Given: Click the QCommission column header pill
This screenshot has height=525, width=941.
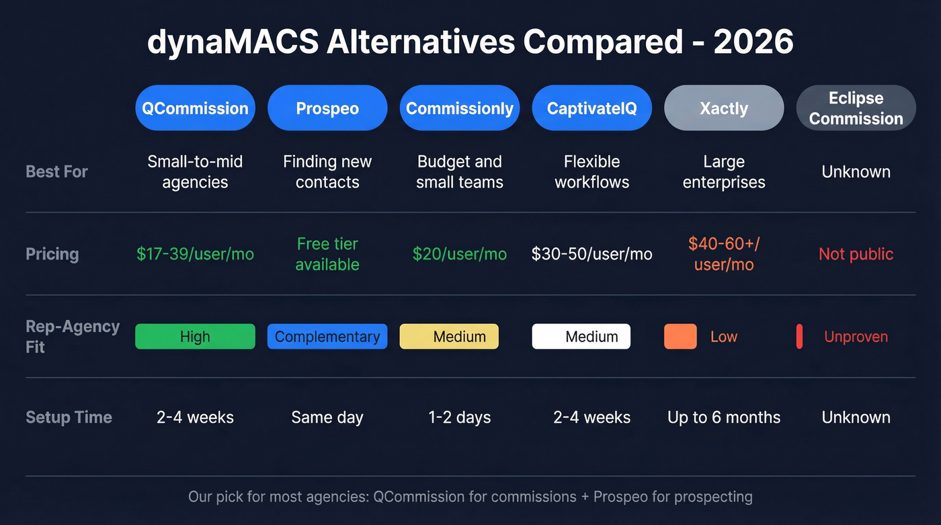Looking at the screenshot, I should coord(195,108).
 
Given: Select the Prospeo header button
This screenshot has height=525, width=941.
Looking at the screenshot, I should coord(327,108).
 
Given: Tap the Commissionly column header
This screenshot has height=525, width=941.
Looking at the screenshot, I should coord(460,108).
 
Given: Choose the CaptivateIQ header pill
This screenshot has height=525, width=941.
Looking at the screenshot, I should coord(591,108).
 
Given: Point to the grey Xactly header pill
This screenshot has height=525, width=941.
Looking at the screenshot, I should coord(724,108).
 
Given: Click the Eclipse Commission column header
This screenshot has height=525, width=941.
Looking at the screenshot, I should coord(856,108).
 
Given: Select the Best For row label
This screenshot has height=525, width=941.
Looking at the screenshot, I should coord(56,171).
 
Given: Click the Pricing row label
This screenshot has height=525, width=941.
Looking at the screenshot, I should coord(52,254).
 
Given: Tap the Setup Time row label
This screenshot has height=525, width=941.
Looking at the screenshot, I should coord(69,417).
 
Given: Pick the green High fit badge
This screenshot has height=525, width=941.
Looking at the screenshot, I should coord(195,337).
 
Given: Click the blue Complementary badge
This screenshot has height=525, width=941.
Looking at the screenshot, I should coord(327,337).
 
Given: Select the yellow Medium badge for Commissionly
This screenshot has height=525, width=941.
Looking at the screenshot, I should coord(449,337).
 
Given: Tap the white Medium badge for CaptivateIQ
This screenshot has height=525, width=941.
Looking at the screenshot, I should coord(581,337).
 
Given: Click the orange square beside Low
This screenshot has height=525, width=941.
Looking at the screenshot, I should coord(680,337).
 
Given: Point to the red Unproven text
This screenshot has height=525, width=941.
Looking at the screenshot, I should coord(856,337).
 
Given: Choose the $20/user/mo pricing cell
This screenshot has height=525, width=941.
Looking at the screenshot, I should coord(460,254).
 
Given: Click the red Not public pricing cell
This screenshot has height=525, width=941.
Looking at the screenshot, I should coord(856,254).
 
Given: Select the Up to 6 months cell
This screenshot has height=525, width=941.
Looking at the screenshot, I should coord(724,417).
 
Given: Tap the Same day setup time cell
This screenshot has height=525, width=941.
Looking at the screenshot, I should coord(327,417).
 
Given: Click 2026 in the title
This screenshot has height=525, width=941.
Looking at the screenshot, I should coord(753,42).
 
